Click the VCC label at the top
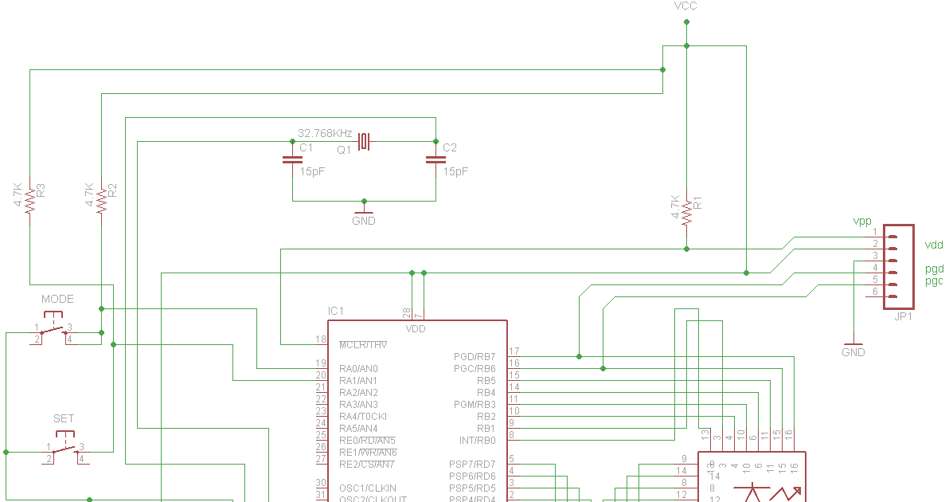[686, 6]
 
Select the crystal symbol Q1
[364, 142]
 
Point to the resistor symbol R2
[101, 200]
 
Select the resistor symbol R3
[29, 200]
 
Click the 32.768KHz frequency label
[325, 133]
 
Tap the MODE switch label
[57, 300]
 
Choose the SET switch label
[64, 419]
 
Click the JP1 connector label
[903, 317]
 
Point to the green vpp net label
[862, 221]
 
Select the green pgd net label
[934, 269]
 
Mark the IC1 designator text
[336, 311]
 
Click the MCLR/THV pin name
[363, 345]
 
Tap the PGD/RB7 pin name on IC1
[474, 357]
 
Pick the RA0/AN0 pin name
[358, 369]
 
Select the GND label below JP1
[853, 352]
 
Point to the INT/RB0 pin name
[477, 441]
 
